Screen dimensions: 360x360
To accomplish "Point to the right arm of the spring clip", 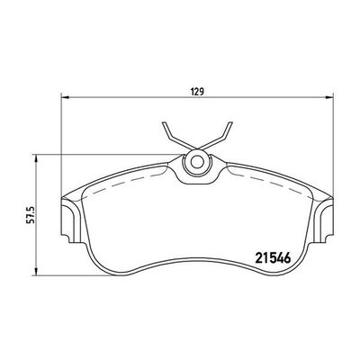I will coord(219,137).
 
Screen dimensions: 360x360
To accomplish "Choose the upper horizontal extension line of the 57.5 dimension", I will coord(108,155).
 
